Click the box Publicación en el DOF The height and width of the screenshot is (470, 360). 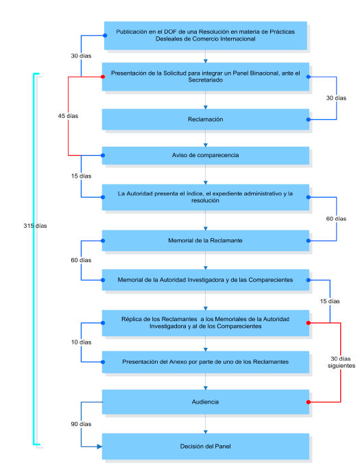click(x=205, y=35)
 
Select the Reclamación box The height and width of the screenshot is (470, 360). click(x=205, y=119)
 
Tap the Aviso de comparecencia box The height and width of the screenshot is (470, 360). click(x=205, y=156)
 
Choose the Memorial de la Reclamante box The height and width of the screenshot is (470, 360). click(x=205, y=240)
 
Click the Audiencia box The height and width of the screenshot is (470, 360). click(x=205, y=402)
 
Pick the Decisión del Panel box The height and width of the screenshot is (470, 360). click(x=205, y=446)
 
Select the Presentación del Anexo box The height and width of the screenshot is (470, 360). click(x=205, y=361)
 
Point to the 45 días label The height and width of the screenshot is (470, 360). click(x=68, y=116)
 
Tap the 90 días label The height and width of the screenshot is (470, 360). click(x=81, y=425)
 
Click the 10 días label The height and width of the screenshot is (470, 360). click(x=81, y=342)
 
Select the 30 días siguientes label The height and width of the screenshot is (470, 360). click(x=340, y=362)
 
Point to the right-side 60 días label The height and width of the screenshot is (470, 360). click(x=336, y=219)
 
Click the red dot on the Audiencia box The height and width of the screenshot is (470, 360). click(x=309, y=402)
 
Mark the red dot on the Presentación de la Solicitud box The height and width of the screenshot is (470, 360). click(x=102, y=76)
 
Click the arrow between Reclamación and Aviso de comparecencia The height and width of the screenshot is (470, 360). click(x=205, y=138)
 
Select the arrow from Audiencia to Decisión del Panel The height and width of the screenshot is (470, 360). click(x=205, y=423)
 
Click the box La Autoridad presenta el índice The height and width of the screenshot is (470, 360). click(x=205, y=198)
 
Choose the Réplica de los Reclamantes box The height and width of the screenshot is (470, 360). click(x=205, y=322)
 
